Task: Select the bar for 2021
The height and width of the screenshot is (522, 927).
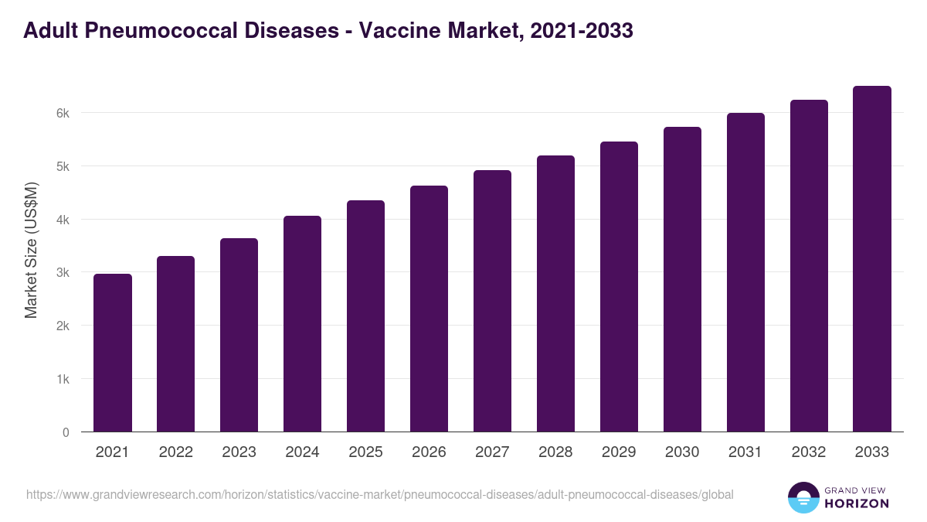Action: [x=113, y=353]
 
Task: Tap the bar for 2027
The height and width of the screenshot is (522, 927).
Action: [x=492, y=301]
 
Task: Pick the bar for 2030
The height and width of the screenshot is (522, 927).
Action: [x=682, y=279]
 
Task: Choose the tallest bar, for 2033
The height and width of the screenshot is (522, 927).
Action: [x=872, y=259]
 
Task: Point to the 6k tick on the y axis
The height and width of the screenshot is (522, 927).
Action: [x=63, y=113]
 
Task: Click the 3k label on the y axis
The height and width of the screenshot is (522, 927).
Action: [x=63, y=272]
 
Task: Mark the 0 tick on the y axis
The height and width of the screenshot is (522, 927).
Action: [x=66, y=432]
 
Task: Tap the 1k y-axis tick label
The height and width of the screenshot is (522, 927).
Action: [x=63, y=379]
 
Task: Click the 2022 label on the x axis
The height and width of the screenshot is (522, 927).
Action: [x=175, y=452]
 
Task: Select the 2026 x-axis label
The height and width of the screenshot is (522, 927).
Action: [x=429, y=452]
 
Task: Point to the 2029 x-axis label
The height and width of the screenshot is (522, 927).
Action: [x=619, y=452]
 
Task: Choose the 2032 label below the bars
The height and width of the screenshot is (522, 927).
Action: [x=809, y=452]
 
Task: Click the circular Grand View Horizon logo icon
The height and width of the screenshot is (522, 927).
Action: [x=803, y=497]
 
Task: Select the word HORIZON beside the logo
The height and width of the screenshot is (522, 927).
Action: [x=857, y=503]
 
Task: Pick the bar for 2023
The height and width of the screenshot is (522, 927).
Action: [x=239, y=335]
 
